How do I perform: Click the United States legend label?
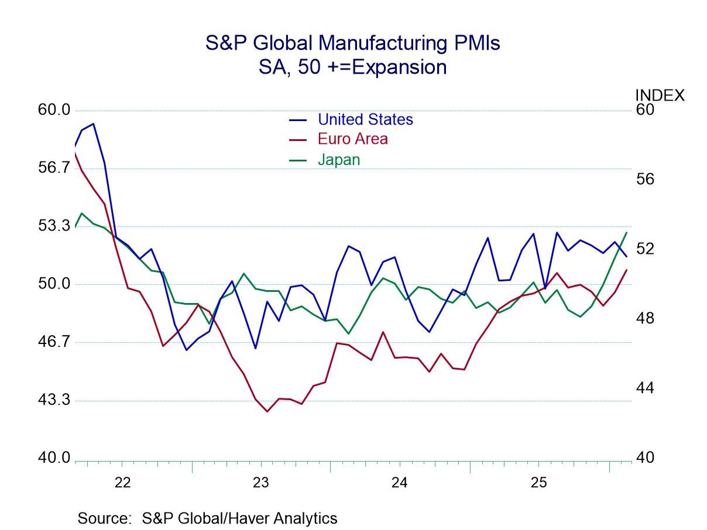pos(365,119)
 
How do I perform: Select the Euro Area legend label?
pos(352,139)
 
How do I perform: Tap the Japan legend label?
pos(339,159)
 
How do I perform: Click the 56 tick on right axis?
pos(646,180)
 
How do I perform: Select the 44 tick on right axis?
pos(646,389)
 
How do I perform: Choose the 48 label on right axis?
pos(646,319)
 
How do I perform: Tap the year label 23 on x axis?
pos(261,483)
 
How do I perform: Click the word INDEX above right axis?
pos(660,95)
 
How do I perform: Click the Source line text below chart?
pos(207,518)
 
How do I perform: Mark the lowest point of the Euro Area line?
pos(267,411)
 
